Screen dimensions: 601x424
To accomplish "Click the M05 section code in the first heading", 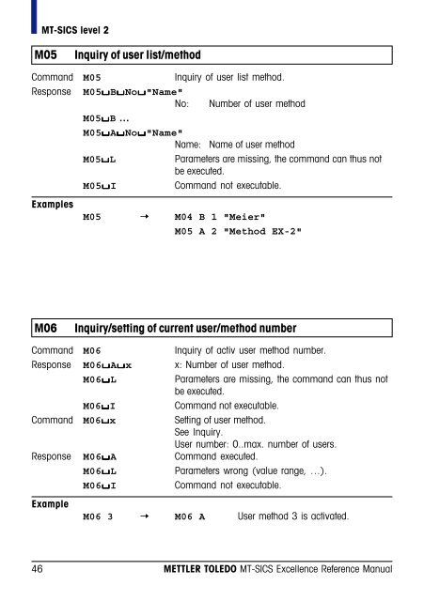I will coord(48,54).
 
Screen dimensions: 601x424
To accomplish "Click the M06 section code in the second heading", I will coord(48,328).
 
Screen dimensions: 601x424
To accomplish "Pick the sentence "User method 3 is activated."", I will coord(301,516).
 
